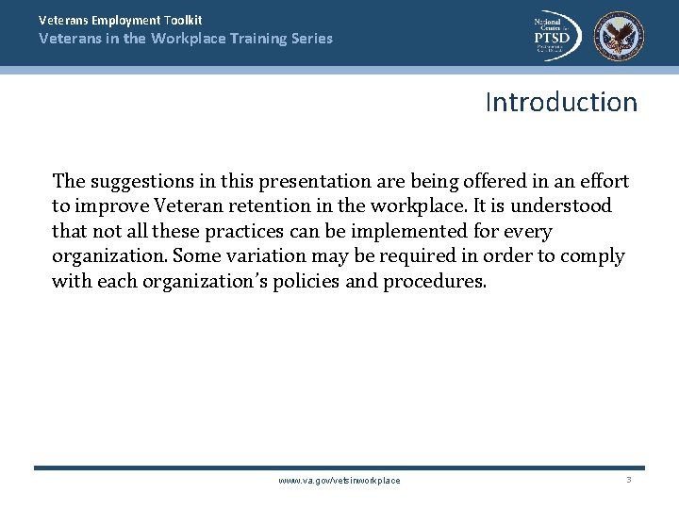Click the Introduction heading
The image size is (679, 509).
point(561,102)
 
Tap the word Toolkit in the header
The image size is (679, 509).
point(179,20)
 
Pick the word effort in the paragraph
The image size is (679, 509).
point(604,180)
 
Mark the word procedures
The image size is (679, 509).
point(435,281)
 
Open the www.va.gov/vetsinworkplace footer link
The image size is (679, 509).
point(339,481)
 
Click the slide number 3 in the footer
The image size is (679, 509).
point(628,480)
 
